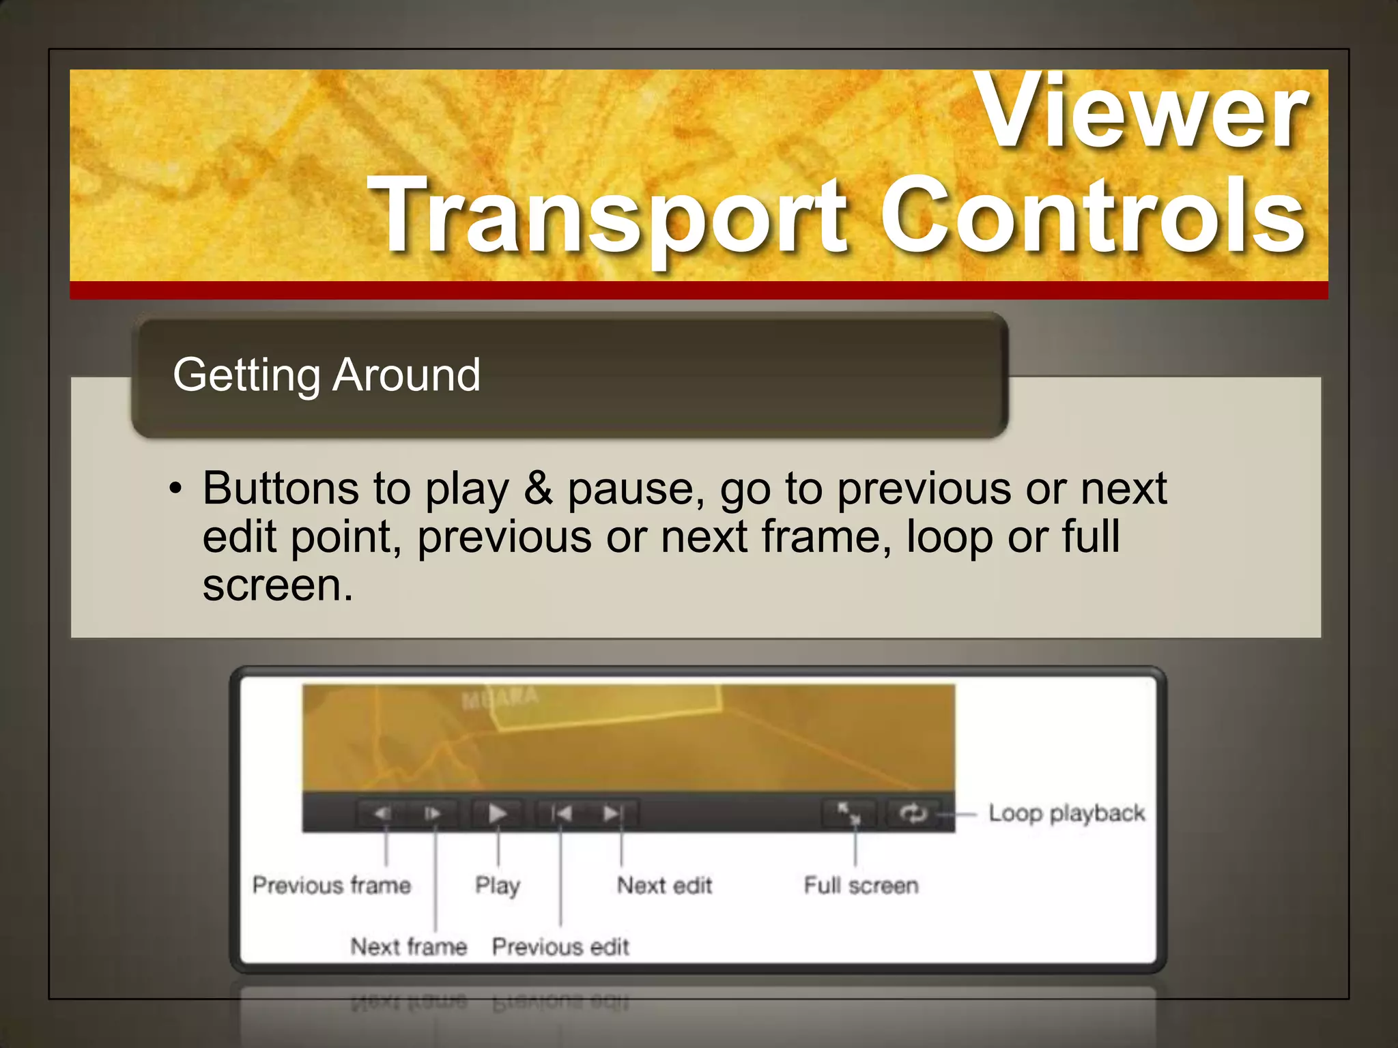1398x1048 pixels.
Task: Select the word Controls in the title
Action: [1092, 215]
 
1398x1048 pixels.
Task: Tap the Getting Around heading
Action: [326, 375]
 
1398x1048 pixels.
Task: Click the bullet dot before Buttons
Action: [176, 489]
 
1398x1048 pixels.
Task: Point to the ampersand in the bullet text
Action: [539, 489]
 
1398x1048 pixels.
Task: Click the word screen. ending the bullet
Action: [278, 585]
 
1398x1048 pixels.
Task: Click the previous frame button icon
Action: [382, 813]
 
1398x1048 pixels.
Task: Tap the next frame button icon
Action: [432, 813]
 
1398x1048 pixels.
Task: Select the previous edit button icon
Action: [561, 813]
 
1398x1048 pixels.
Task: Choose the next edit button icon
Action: [612, 813]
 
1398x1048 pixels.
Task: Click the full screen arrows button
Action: [849, 813]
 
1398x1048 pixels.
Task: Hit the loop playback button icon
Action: [913, 813]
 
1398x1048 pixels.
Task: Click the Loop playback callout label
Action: [1066, 813]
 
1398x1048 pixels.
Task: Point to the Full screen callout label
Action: [861, 886]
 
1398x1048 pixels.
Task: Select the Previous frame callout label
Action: [332, 886]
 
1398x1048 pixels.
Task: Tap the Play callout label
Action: [498, 886]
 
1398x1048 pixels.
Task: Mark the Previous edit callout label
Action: [560, 947]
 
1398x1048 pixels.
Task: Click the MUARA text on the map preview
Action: [500, 698]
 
